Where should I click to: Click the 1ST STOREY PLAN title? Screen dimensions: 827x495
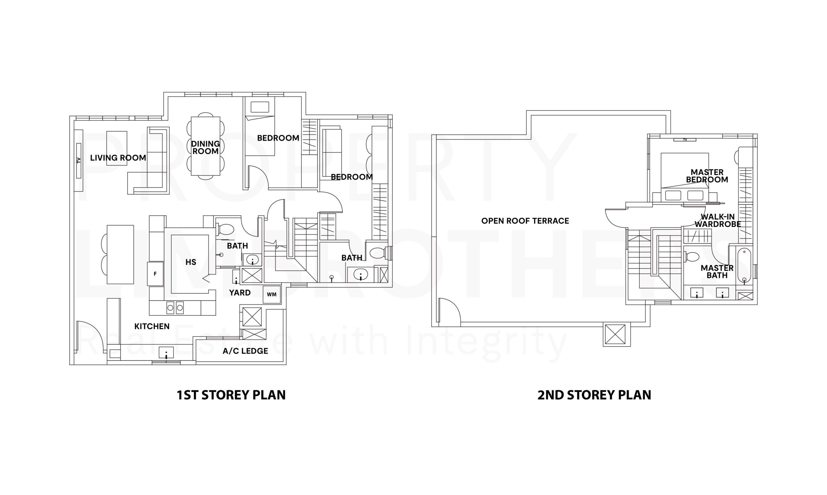pos(231,395)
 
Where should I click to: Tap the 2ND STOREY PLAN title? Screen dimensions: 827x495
pos(594,395)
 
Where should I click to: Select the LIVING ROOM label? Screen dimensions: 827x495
pos(118,158)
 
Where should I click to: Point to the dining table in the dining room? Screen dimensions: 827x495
pos(205,146)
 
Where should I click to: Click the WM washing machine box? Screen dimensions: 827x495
pos(272,295)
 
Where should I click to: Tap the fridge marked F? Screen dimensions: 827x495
pos(155,274)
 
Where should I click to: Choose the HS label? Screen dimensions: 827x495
pos(191,262)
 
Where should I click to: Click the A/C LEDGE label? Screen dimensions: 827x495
pos(246,351)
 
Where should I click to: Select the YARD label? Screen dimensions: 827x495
pos(240,292)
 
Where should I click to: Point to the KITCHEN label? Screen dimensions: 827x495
pos(152,326)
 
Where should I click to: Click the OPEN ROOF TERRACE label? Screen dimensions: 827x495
pos(525,221)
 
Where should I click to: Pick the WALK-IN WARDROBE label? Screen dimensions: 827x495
pos(718,220)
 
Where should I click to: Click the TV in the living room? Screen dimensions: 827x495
pos(79,161)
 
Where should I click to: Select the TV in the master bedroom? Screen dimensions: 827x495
pos(685,140)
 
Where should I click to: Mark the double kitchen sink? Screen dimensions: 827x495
pos(175,308)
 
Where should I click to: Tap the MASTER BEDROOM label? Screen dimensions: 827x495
pos(707,176)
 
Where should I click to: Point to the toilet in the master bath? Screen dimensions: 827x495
pos(691,257)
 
